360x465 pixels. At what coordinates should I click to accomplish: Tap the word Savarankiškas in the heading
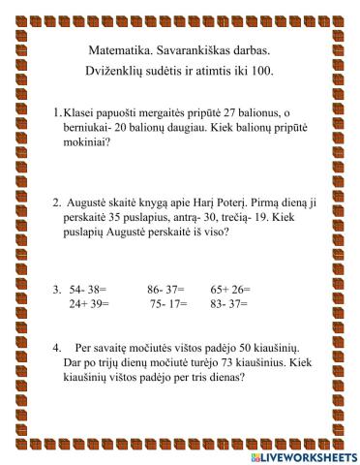click(x=194, y=49)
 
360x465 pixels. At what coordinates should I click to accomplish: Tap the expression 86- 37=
click(x=166, y=289)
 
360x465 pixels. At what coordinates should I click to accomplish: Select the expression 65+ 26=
click(x=230, y=289)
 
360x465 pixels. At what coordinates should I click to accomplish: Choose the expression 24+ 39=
click(x=89, y=303)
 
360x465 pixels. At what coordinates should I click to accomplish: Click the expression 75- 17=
click(x=168, y=303)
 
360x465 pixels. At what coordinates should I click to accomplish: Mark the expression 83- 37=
click(x=229, y=303)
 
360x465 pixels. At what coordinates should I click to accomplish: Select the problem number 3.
click(x=57, y=289)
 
